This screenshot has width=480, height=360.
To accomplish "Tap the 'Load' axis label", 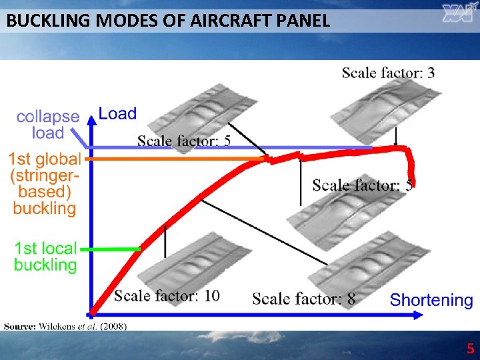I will (x=117, y=114).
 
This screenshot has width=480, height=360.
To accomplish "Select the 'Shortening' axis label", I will (x=431, y=301).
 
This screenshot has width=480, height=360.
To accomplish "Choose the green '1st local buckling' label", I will (x=45, y=257).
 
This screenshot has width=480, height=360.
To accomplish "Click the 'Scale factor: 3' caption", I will (x=388, y=73).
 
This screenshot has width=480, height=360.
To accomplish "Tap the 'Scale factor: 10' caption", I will (x=167, y=295).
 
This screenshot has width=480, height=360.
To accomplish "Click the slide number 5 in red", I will (x=470, y=349).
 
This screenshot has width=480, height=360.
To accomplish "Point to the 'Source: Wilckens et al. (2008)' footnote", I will (x=65, y=326).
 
